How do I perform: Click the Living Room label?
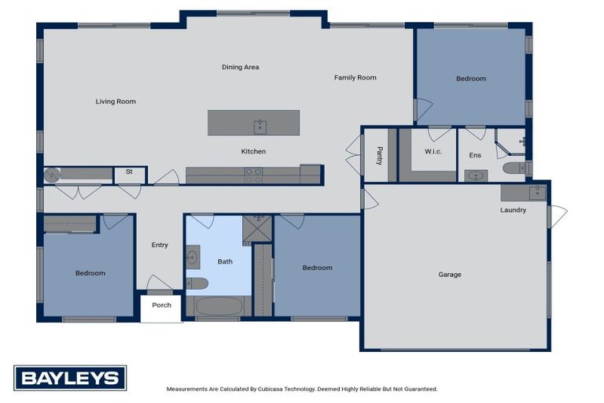[116, 102]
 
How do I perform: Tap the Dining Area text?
[240, 68]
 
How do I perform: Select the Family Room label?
[355, 78]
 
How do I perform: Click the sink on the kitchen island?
[260, 127]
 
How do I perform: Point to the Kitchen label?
[253, 151]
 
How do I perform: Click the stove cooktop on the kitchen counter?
[253, 176]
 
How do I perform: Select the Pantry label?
[379, 155]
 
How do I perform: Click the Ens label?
[475, 156]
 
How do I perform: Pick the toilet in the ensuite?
[514, 168]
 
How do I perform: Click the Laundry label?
[513, 210]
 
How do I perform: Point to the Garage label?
[449, 275]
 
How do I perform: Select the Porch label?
[161, 305]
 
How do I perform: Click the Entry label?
[160, 245]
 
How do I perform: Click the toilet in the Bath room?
[197, 283]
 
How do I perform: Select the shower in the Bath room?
[256, 228]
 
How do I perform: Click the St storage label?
[129, 172]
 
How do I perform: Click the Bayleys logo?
[70, 378]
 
